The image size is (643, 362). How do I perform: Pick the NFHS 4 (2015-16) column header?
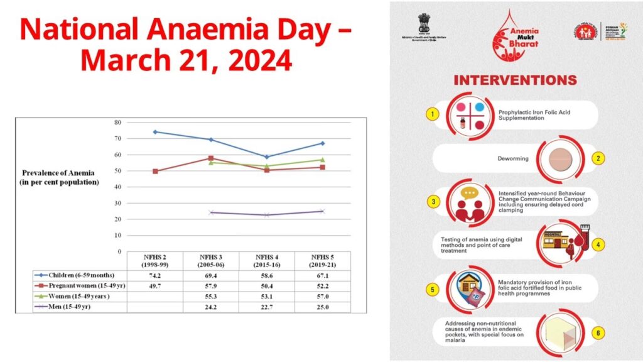(267, 260)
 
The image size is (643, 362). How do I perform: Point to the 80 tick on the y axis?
(117, 122)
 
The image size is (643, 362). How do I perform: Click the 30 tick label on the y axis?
(117, 203)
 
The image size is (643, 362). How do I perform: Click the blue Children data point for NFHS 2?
(155, 132)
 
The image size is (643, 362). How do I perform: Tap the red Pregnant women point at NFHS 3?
(211, 158)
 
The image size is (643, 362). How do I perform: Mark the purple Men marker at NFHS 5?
(322, 211)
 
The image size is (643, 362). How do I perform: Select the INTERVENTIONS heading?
(514, 81)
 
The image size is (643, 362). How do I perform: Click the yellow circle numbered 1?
(431, 114)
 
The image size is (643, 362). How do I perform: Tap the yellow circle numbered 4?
(599, 244)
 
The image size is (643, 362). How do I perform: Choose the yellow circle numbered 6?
(599, 332)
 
